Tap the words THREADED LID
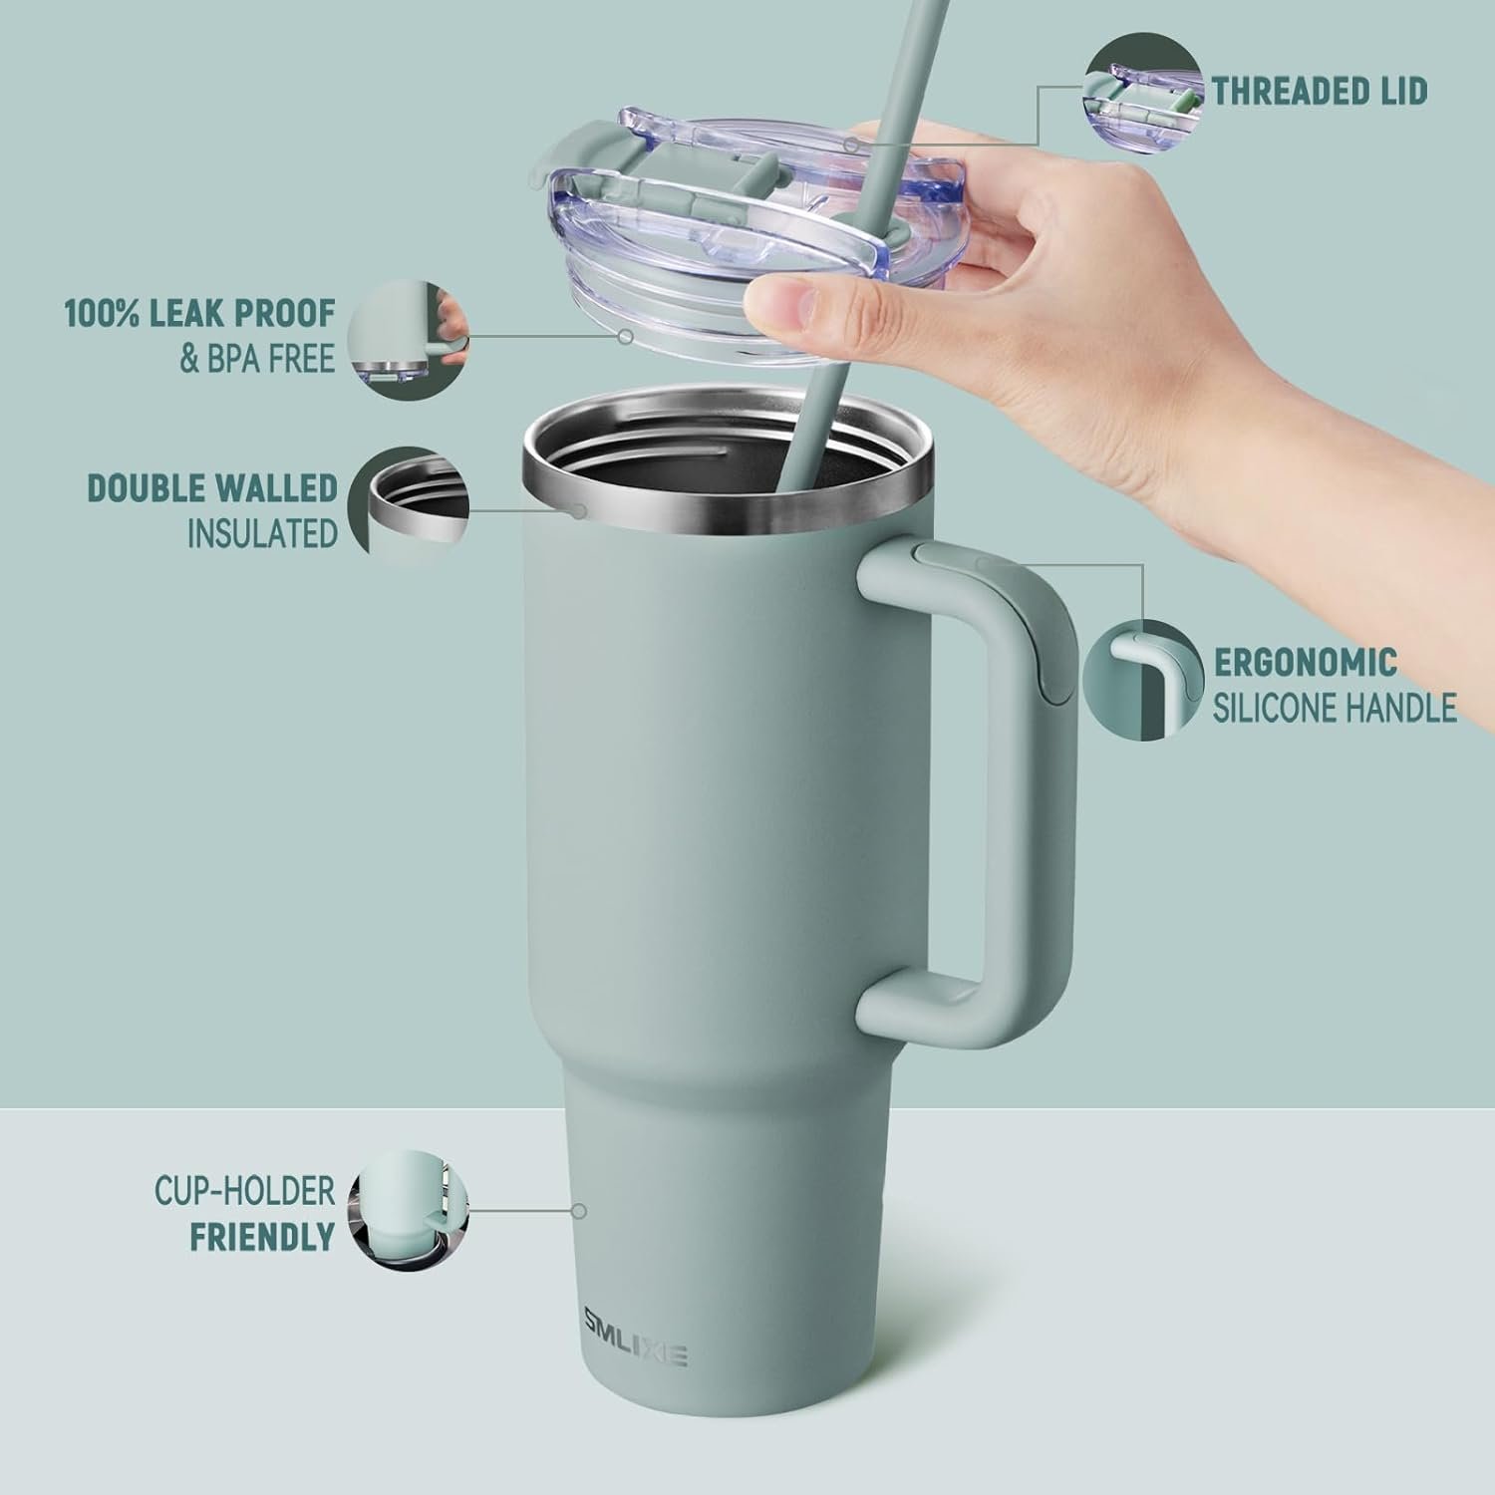(1320, 92)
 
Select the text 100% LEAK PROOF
(200, 314)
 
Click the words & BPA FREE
(257, 359)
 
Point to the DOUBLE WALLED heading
(213, 488)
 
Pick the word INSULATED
(263, 534)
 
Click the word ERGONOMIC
(1306, 663)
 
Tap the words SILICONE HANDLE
(1335, 709)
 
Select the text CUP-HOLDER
(244, 1191)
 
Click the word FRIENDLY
(262, 1237)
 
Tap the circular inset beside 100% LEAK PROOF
(410, 339)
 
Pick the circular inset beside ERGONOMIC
(1142, 683)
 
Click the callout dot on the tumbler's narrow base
(578, 1211)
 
